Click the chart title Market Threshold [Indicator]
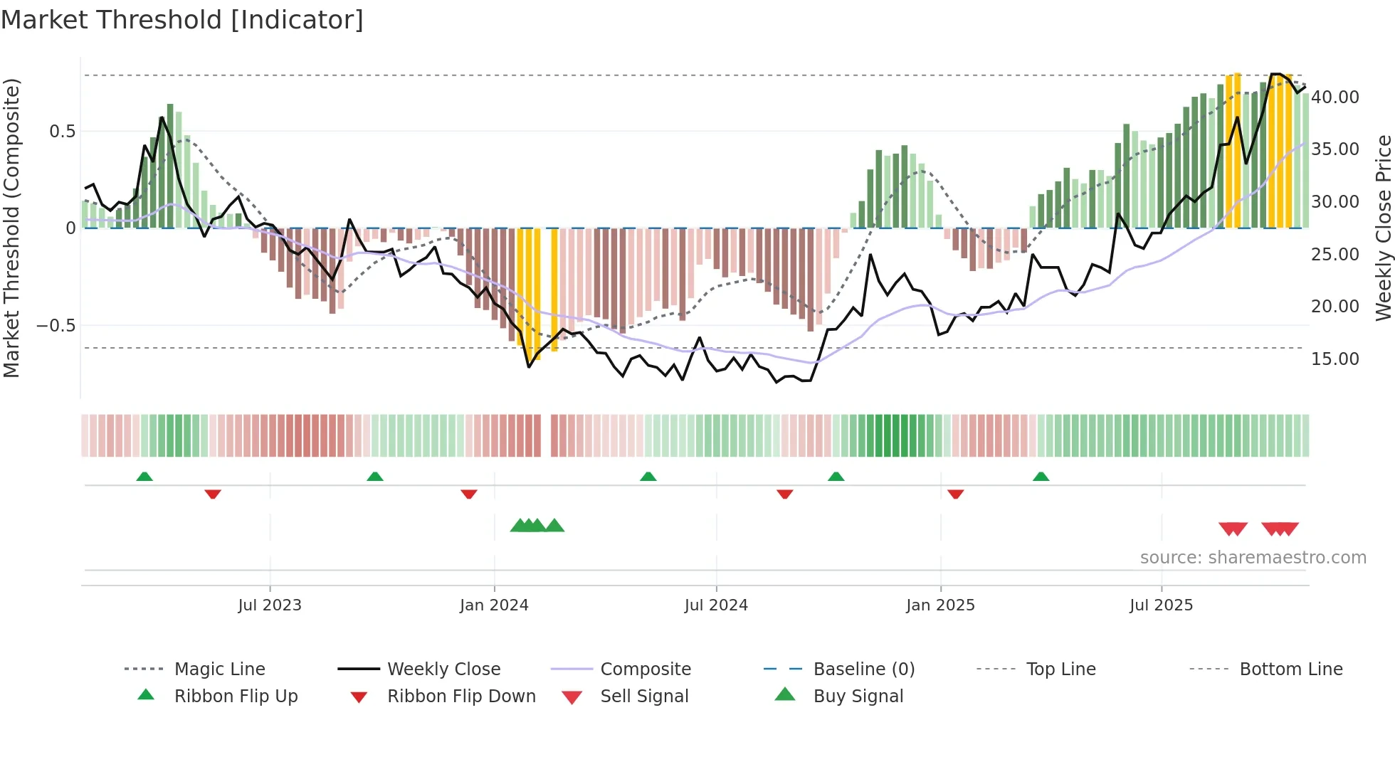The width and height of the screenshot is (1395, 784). pyautogui.click(x=182, y=20)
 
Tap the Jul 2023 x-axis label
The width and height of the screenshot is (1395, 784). pyautogui.click(x=270, y=605)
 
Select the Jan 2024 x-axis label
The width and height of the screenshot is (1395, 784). pyautogui.click(x=494, y=605)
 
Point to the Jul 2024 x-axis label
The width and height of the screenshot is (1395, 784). pyautogui.click(x=716, y=605)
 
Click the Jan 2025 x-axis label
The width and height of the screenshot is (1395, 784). pyautogui.click(x=940, y=605)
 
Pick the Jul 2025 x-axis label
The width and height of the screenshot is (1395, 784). pyautogui.click(x=1161, y=605)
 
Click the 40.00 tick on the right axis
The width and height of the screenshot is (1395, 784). pyautogui.click(x=1335, y=97)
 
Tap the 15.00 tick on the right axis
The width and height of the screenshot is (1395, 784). pyautogui.click(x=1335, y=359)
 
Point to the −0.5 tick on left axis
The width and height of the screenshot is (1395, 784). pyautogui.click(x=56, y=326)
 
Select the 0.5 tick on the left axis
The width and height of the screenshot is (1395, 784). pyautogui.click(x=62, y=132)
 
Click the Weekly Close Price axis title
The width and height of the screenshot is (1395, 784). pyautogui.click(x=1383, y=228)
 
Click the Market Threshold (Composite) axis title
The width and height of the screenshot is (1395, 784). pyautogui.click(x=11, y=228)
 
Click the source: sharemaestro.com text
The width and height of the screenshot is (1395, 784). pyautogui.click(x=1253, y=558)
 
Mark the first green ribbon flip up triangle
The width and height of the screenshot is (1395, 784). pyautogui.click(x=144, y=477)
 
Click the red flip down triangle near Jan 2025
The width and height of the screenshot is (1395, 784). pyautogui.click(x=955, y=494)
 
